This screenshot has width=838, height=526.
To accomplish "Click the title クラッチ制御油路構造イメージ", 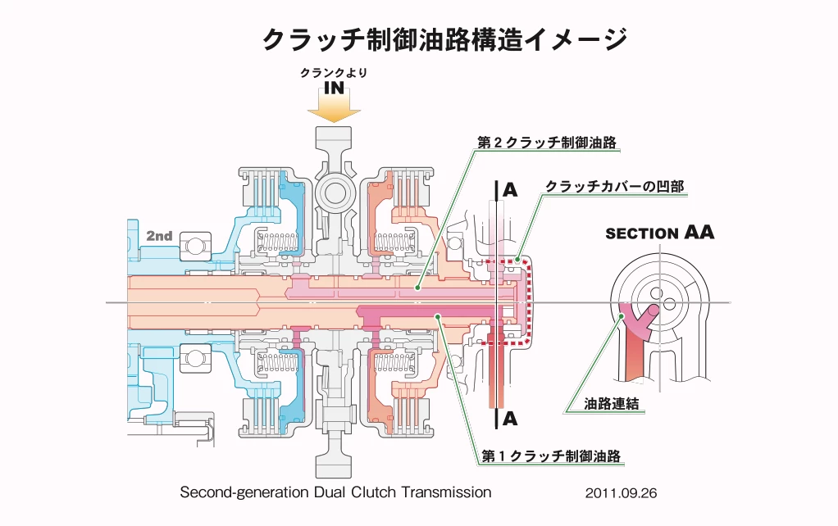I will pyautogui.click(x=444, y=39).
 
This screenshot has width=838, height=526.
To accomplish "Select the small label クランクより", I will pyautogui.click(x=334, y=73).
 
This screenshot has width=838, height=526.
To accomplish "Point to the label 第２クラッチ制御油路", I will pyautogui.click(x=547, y=142).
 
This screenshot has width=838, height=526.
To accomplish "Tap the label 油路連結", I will pyautogui.click(x=612, y=404).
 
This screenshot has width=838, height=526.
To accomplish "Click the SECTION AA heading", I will pyautogui.click(x=659, y=233).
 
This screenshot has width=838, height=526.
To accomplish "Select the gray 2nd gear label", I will pyautogui.click(x=159, y=236).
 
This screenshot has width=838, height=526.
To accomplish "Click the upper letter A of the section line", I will pyautogui.click(x=510, y=190).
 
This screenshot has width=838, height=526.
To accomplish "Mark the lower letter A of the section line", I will pyautogui.click(x=510, y=419).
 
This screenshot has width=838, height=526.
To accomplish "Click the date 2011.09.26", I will pyautogui.click(x=622, y=494).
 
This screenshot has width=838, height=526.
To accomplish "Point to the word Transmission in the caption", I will pyautogui.click(x=446, y=492).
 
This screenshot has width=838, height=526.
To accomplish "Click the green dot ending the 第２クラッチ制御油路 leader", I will pyautogui.click(x=417, y=288).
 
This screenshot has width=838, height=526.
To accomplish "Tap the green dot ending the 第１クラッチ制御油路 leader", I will pyautogui.click(x=439, y=315).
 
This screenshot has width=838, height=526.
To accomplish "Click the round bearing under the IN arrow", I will pyautogui.click(x=334, y=193).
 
